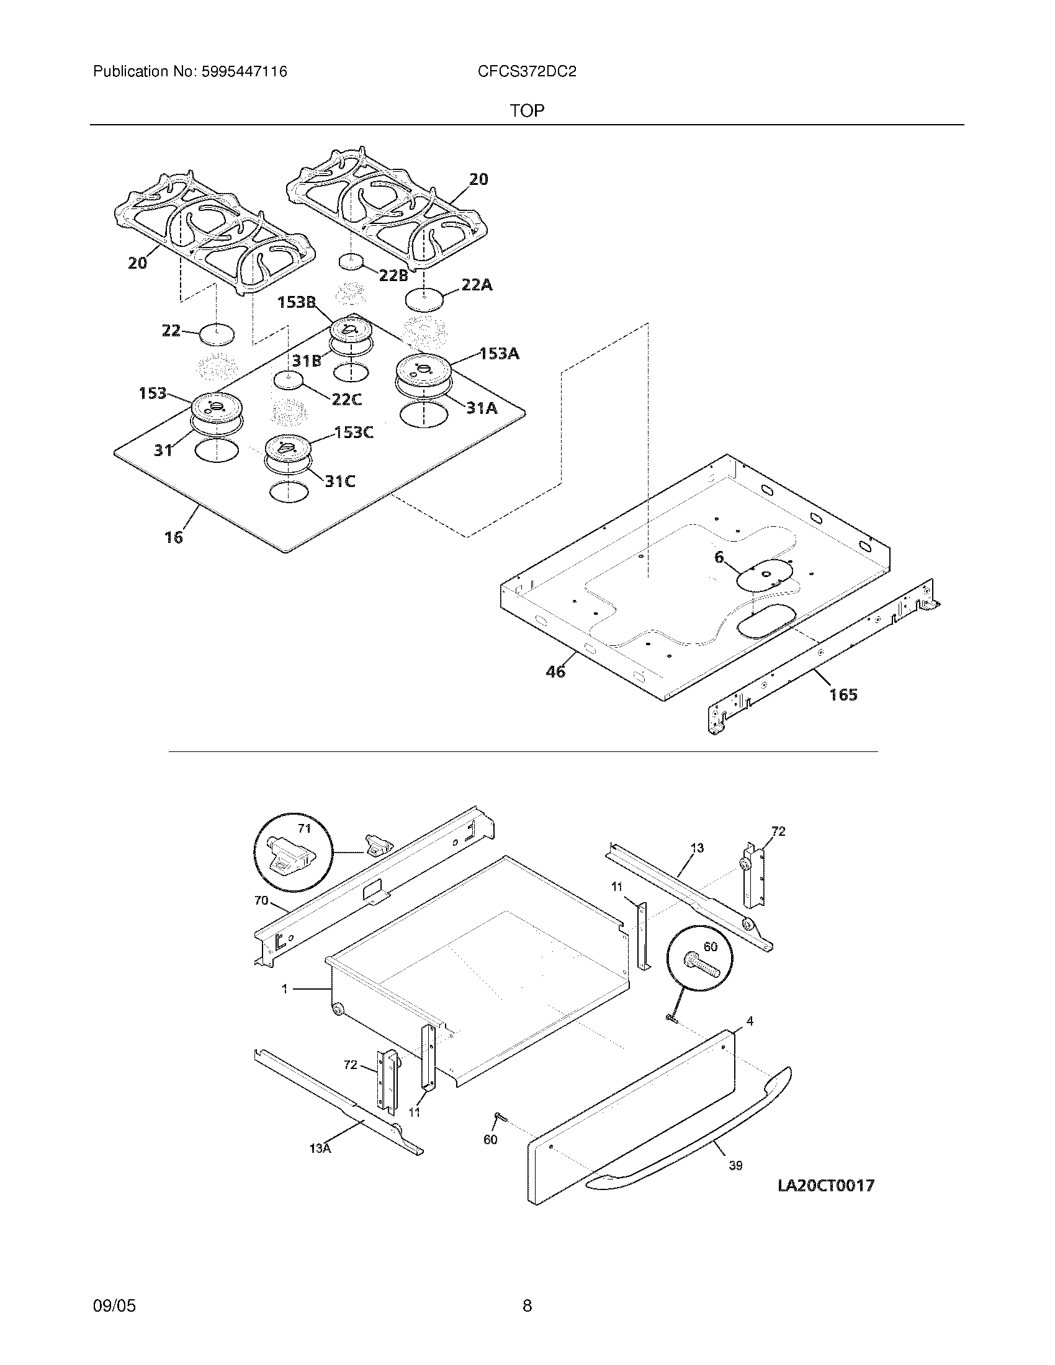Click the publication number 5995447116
(243, 72)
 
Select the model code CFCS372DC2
(526, 72)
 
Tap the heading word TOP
(527, 111)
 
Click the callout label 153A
(499, 354)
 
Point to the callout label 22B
(393, 275)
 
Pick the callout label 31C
(339, 481)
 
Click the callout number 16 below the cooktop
(174, 537)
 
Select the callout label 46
(555, 672)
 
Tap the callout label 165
(843, 694)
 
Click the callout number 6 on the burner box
(719, 557)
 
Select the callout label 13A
(320, 1148)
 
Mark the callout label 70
(261, 901)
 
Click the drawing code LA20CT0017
(825, 1185)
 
